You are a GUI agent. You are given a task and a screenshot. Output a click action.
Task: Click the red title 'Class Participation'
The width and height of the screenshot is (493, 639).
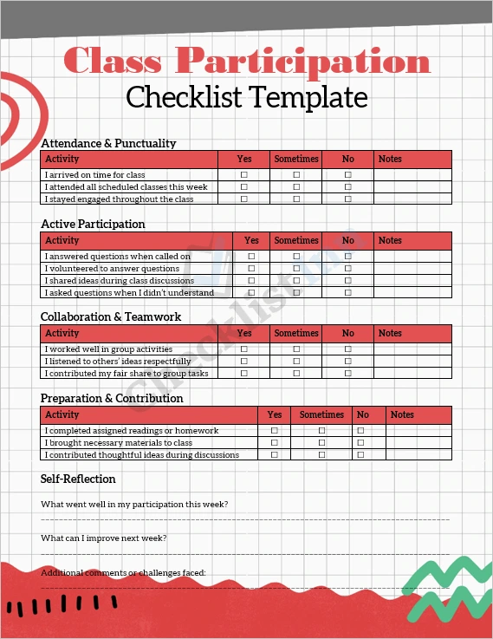coord(247,62)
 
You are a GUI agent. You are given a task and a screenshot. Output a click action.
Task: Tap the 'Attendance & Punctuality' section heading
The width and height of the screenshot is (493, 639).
coord(108,143)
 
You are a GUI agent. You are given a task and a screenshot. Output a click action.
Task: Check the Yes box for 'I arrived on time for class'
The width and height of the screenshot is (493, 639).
coord(244,175)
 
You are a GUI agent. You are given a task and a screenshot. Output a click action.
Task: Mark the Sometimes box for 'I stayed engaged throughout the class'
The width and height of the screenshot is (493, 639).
coord(296,199)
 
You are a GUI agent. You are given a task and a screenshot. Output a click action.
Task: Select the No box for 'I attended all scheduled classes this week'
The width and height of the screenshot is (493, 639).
coord(348,187)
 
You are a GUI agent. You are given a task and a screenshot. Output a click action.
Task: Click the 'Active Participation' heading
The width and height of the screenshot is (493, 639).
coord(93,224)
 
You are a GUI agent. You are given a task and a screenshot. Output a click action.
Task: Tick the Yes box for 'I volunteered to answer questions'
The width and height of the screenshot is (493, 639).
coord(251,269)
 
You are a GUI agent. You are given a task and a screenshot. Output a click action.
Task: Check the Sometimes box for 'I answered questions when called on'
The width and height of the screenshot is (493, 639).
coord(296,257)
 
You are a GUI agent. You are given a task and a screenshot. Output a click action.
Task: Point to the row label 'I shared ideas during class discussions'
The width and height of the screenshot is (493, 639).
coord(120,281)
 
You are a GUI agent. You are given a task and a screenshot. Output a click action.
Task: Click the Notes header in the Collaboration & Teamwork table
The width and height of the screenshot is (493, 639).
coord(390,333)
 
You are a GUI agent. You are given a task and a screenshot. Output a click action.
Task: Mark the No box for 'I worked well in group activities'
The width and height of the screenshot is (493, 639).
coord(348,349)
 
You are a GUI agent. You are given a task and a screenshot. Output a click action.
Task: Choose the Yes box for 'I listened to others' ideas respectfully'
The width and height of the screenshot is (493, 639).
coord(244,362)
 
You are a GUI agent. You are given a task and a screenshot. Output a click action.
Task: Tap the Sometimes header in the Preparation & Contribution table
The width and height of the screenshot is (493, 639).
coord(321,414)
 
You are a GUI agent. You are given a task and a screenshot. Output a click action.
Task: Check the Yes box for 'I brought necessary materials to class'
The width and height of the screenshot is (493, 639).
coord(275,443)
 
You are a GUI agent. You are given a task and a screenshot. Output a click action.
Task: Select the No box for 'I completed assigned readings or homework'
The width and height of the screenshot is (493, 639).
coord(360,431)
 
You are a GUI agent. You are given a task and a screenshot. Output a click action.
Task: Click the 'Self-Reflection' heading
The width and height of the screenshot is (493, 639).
coord(78,479)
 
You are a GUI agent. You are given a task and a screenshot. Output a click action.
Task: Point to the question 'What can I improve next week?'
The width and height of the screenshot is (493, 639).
coord(104,538)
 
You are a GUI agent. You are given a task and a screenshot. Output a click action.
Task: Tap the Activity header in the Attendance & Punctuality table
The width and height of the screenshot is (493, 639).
coord(62,159)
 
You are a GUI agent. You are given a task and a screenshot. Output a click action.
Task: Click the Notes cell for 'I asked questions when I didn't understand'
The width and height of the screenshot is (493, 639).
coord(412,293)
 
